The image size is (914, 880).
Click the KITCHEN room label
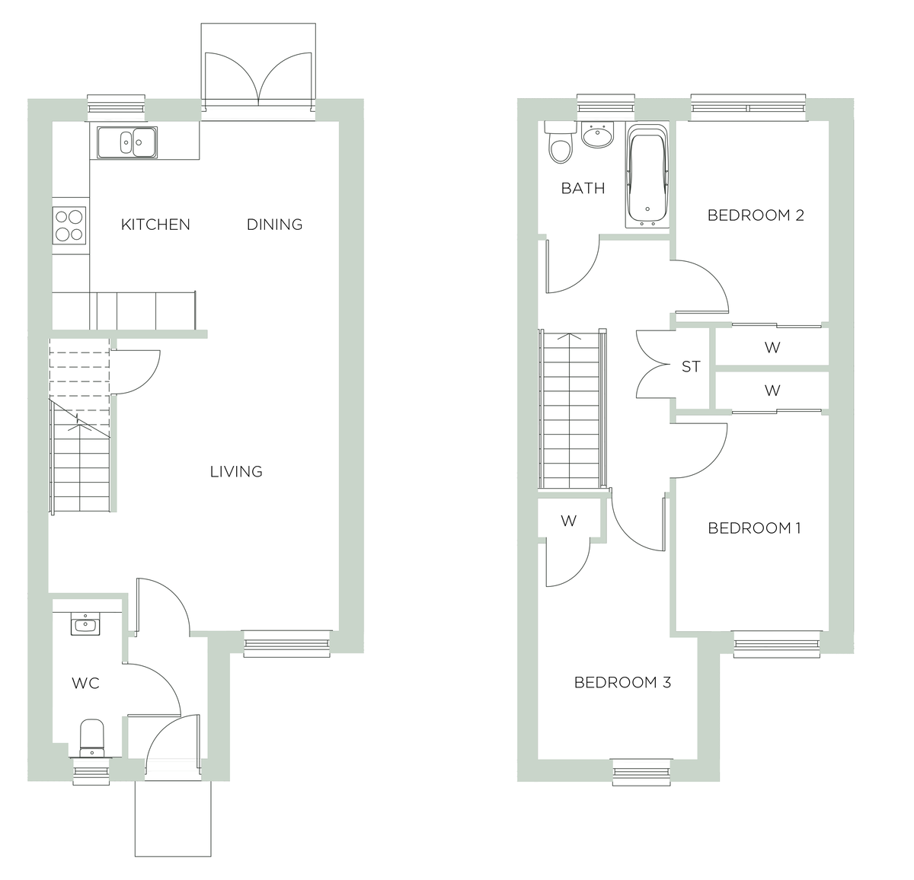[155, 225]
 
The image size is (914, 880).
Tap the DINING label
[274, 225]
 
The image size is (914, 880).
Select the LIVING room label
[236, 472]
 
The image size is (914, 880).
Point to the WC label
[85, 684]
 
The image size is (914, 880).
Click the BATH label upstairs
[583, 188]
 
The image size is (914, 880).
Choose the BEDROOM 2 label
[756, 215]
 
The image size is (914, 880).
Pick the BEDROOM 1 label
[754, 528]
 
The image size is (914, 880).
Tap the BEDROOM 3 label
[622, 683]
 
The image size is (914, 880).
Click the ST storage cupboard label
[691, 367]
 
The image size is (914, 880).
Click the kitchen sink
[126, 142]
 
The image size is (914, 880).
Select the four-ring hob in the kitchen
[69, 225]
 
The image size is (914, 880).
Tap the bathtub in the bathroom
[647, 177]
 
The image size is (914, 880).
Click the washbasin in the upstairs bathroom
[596, 136]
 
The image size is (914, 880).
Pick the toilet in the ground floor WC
[92, 738]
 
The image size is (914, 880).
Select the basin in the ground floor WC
[84, 625]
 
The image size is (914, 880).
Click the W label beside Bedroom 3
[568, 521]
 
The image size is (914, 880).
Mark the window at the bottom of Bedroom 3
[642, 772]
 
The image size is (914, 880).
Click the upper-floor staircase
[571, 411]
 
